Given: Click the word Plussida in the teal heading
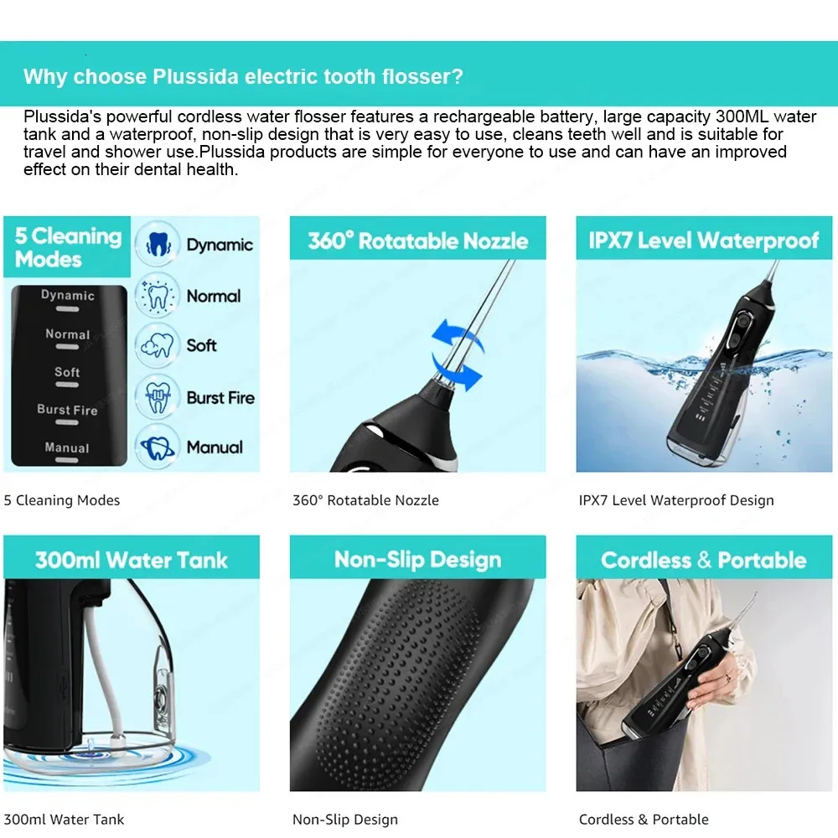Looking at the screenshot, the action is [195, 76].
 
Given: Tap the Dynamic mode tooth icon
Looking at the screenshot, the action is [158, 244].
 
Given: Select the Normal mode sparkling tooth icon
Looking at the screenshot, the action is [158, 296].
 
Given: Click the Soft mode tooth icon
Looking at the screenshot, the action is [158, 346].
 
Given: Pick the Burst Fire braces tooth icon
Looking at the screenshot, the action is [158, 397].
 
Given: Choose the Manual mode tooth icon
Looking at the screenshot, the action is [158, 447].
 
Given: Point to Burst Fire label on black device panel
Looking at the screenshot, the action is [67, 410].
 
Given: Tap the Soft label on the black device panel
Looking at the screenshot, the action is [67, 371].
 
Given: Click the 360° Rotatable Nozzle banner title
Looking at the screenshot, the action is [418, 241].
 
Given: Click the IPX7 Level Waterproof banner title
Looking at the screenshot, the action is [704, 241].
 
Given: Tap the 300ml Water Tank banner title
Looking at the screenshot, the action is [132, 560].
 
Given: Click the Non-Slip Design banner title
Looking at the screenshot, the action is [418, 560].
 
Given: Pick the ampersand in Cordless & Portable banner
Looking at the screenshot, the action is [705, 560].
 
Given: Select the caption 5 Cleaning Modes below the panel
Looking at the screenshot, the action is [62, 500].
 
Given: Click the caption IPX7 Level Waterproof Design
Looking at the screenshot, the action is [676, 500].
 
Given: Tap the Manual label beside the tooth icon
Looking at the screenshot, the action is [215, 447].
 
